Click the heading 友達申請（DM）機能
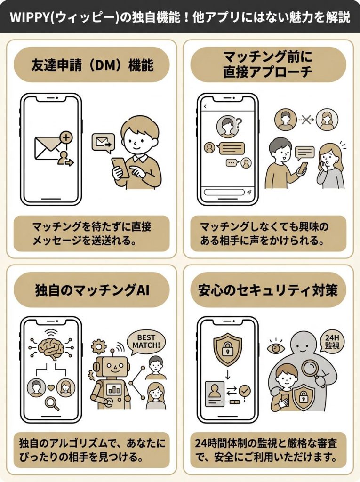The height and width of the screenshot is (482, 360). pos(91,64)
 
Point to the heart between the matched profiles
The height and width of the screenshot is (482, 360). pos(50,389)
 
